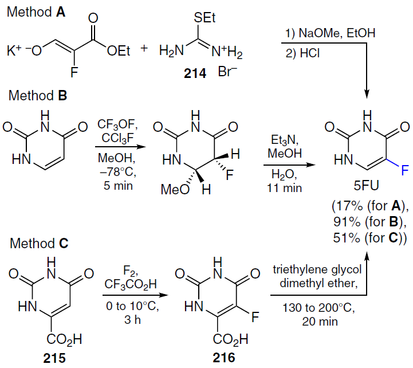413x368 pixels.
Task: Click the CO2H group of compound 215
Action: [x=58, y=340]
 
